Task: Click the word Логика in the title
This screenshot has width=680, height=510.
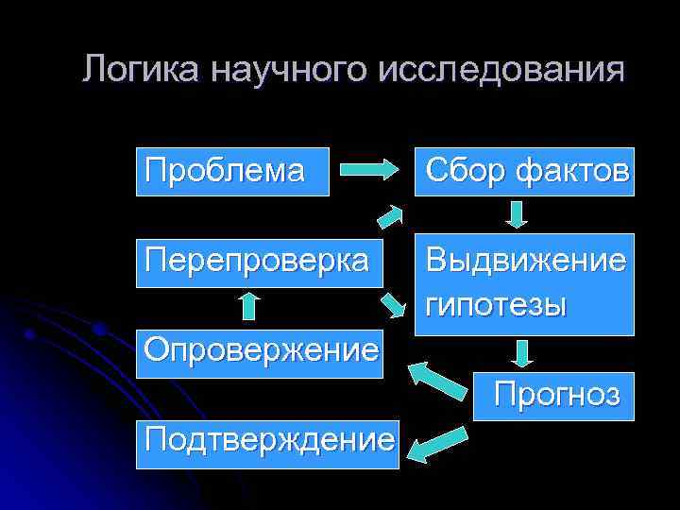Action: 141,71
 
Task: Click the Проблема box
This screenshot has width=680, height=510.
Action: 232,171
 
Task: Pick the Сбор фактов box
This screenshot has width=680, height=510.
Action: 525,171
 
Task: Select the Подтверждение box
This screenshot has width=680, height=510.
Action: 267,441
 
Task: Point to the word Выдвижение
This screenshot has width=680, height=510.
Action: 525,260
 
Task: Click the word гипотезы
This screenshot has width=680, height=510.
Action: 496,304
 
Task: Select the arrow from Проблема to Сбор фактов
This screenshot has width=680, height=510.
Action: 369,171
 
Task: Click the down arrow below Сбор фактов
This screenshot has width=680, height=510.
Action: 518,213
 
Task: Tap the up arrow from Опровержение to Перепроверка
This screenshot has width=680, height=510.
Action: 248,305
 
